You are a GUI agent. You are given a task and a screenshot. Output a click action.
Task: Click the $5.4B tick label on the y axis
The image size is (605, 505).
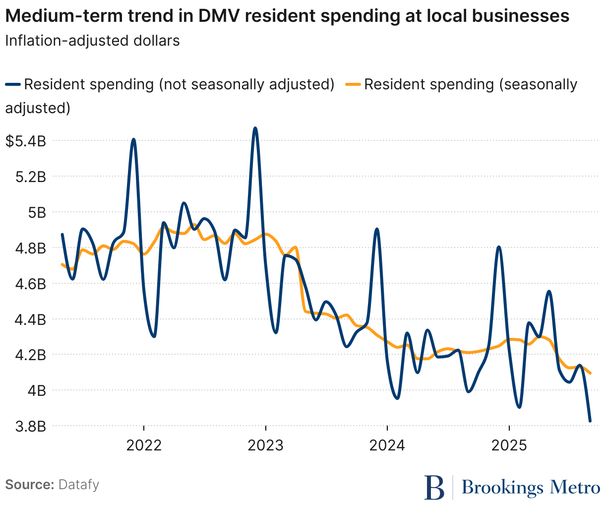25,141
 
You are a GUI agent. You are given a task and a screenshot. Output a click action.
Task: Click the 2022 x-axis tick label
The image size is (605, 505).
144,445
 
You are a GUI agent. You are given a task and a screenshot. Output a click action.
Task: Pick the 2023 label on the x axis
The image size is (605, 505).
266,445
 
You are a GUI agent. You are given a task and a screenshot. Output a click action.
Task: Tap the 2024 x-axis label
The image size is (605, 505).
387,445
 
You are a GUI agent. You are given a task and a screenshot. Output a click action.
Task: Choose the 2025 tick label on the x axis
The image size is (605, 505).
509,445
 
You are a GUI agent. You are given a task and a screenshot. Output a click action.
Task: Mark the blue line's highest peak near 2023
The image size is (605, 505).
255,128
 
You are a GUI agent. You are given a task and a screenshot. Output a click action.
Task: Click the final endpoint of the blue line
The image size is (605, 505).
590,421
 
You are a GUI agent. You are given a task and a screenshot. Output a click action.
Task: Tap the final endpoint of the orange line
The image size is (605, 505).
590,373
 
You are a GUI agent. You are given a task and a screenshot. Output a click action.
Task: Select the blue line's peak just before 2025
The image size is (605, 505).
499,247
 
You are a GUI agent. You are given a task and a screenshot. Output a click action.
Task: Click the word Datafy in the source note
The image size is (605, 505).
79,484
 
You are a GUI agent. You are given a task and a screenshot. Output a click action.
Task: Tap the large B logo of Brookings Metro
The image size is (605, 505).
434,488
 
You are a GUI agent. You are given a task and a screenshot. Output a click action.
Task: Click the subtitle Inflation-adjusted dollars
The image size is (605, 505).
92,40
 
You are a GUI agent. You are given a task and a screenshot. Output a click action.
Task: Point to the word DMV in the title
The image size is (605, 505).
216,16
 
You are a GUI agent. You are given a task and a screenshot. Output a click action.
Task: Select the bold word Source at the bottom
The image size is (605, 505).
29,484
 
